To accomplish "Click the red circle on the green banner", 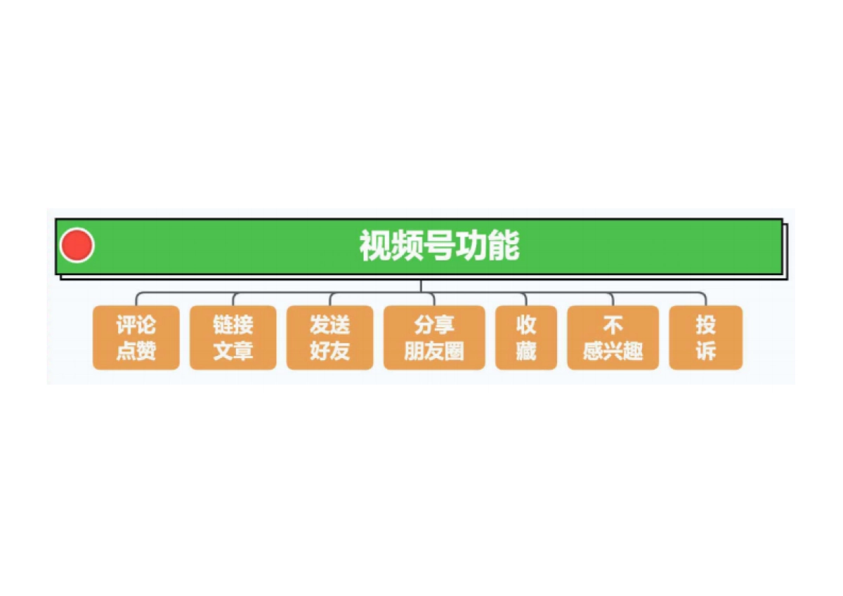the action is (77, 246).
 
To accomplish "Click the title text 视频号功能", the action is (439, 246).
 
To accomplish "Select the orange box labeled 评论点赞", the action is (136, 338).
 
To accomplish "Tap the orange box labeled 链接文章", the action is (233, 338).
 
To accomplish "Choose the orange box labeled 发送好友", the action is (329, 338).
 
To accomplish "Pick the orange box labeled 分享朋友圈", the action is (434, 338).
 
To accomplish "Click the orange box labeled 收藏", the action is (526, 338).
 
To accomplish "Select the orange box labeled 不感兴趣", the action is (613, 338).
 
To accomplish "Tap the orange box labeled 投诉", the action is (705, 338).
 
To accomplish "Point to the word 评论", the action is (136, 325).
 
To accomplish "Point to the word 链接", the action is (233, 325).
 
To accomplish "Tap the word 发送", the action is (329, 325).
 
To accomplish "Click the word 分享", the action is (434, 325).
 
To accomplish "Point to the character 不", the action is (613, 325).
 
